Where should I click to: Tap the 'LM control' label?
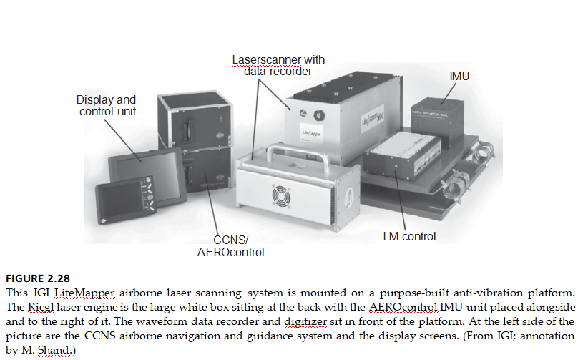409,236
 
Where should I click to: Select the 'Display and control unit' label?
107,106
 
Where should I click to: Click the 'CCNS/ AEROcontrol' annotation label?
230,246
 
